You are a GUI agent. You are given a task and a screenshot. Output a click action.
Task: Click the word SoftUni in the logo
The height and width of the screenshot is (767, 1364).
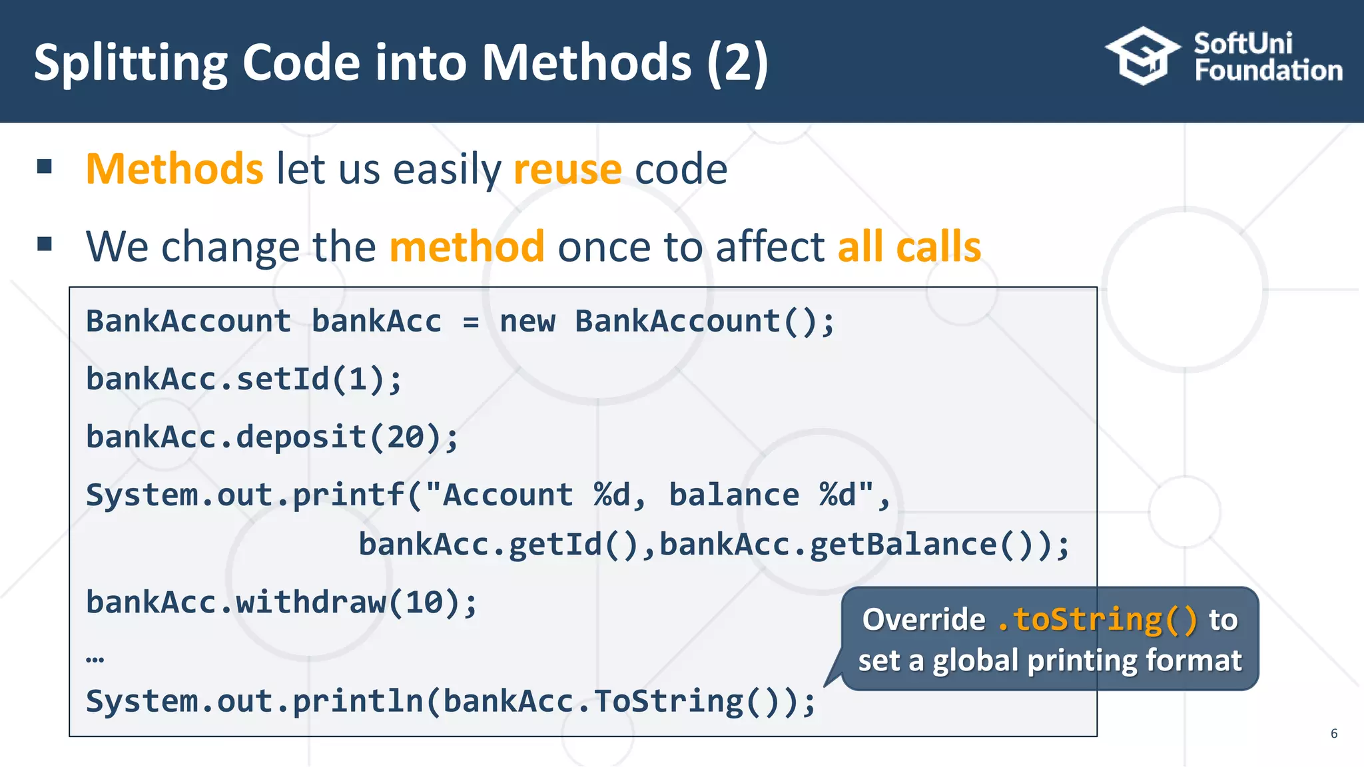coord(1243,44)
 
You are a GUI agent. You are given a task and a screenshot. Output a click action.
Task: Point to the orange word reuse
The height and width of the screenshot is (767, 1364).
coord(567,169)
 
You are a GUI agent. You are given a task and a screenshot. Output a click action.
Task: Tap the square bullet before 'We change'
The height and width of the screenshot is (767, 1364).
coord(45,244)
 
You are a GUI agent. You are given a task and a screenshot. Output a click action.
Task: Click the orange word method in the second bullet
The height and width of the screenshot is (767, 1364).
coord(467,246)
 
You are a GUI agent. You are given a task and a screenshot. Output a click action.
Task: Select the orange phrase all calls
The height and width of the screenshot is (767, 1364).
coord(908,246)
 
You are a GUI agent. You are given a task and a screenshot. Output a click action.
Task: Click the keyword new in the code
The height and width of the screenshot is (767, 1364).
coord(527,322)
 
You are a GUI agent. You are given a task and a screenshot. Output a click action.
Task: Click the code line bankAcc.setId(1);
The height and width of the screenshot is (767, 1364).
coord(244,380)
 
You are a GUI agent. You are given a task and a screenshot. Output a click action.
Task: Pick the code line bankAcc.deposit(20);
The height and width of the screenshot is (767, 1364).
coord(272,437)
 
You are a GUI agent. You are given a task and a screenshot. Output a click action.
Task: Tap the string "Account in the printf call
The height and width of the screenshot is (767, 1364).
coord(500,495)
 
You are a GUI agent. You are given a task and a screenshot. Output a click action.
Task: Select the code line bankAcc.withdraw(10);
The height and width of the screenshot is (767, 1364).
coord(281,603)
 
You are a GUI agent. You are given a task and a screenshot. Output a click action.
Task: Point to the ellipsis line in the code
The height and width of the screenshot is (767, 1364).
coord(95,659)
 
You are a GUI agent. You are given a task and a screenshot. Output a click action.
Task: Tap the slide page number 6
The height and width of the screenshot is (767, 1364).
coord(1333,733)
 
